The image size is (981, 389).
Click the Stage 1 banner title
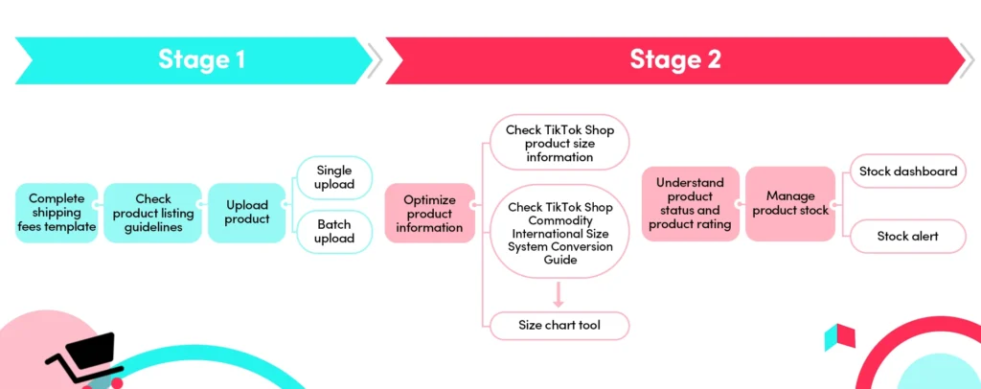(201, 59)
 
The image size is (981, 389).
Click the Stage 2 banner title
(674, 59)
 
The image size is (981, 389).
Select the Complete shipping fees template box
(57, 213)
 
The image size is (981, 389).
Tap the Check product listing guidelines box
(153, 213)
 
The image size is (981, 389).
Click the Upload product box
(247, 213)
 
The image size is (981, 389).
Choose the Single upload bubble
(334, 177)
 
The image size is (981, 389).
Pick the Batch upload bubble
(334, 232)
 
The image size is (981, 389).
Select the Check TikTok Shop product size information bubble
(559, 143)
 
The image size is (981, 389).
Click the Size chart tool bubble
(559, 325)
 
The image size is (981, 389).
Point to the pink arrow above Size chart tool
(559, 293)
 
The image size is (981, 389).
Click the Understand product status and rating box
(690, 203)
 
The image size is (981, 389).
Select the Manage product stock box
(790, 203)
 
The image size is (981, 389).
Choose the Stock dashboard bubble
(907, 172)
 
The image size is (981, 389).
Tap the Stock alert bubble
(907, 236)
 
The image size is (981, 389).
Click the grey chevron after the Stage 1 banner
(376, 60)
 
